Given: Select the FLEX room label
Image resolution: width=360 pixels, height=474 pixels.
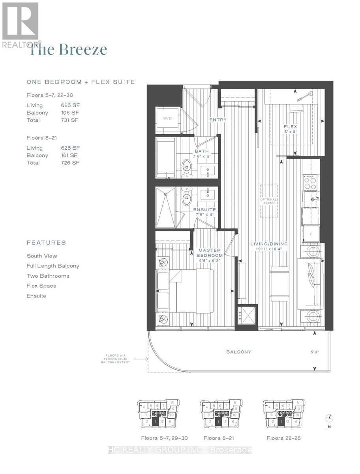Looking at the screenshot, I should [x=290, y=127].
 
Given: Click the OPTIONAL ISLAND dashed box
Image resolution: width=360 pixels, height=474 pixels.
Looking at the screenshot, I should [x=269, y=201].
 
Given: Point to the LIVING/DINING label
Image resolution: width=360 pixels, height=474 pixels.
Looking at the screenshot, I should [x=269, y=244].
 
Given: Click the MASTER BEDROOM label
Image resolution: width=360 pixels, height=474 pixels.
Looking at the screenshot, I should [x=210, y=253].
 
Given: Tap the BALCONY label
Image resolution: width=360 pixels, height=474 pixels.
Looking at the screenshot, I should [x=238, y=352].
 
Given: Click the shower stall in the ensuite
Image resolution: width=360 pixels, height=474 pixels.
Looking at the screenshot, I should [x=166, y=207].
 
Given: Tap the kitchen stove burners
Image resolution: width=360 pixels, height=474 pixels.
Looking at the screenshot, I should [x=310, y=183].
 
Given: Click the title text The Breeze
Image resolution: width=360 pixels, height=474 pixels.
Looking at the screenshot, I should [x=68, y=50].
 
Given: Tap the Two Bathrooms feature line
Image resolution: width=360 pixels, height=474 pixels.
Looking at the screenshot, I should [x=48, y=276].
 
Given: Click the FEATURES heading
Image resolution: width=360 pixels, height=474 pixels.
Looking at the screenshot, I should [x=46, y=243].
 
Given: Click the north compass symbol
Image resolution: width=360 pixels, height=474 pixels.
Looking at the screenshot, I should [x=330, y=418].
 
